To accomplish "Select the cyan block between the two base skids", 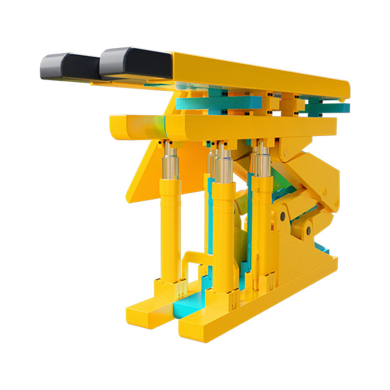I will pos(188,302).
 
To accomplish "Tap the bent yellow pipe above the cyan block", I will pos(188,263).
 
